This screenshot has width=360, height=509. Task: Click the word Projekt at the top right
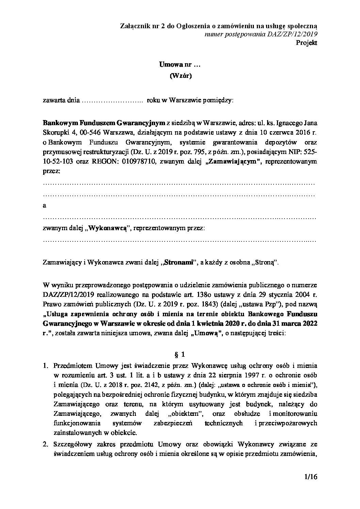306,43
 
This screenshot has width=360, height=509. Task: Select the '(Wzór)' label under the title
180,76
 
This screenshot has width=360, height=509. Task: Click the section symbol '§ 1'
180,355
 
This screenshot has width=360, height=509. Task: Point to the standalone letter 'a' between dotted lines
45,206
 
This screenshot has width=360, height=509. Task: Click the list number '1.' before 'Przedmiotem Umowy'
46,366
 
